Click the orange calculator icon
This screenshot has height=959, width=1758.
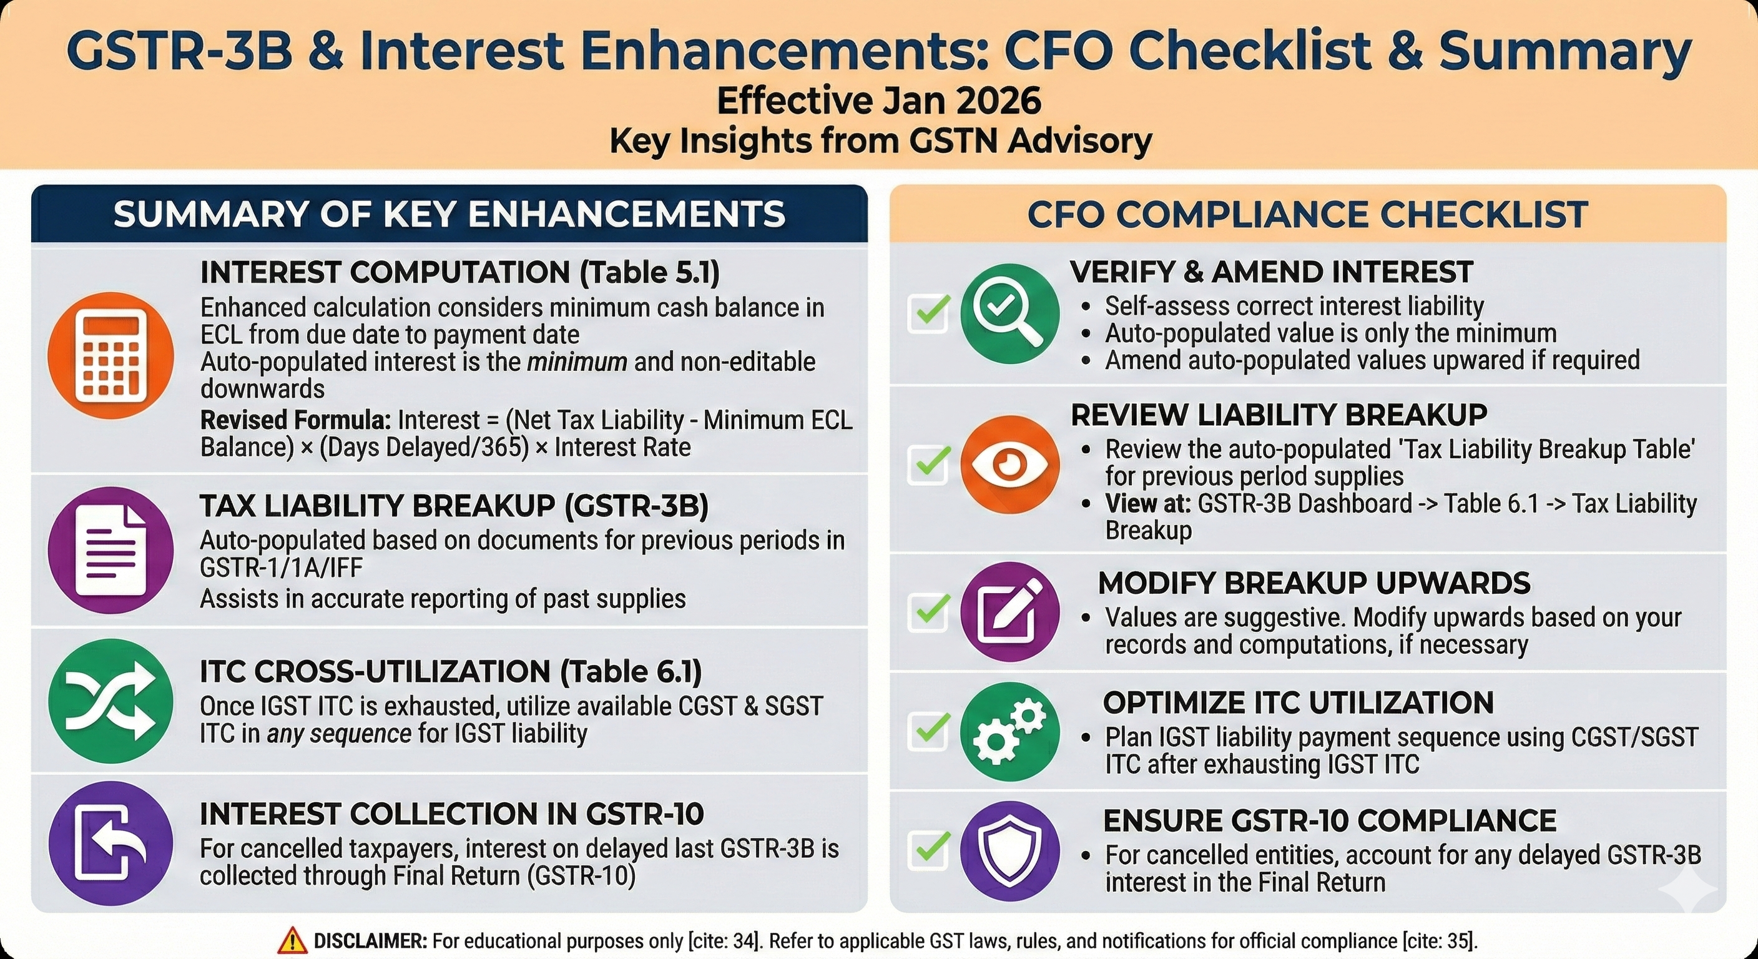110,356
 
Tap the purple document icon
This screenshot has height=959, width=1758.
110,549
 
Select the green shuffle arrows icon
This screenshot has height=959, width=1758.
110,701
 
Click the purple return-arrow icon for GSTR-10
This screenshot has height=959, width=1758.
110,843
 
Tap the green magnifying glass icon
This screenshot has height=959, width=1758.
1009,313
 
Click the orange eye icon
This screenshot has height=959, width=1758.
1009,464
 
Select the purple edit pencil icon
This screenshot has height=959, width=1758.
1009,612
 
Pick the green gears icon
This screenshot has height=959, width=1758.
1009,732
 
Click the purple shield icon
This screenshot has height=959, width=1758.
1009,850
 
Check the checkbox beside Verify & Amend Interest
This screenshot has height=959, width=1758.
929,313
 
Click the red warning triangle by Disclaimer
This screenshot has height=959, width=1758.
292,940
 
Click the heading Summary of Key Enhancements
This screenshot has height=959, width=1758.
449,214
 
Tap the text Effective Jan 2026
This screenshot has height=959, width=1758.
879,101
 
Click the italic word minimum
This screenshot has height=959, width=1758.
577,361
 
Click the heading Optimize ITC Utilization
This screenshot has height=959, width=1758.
1298,703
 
